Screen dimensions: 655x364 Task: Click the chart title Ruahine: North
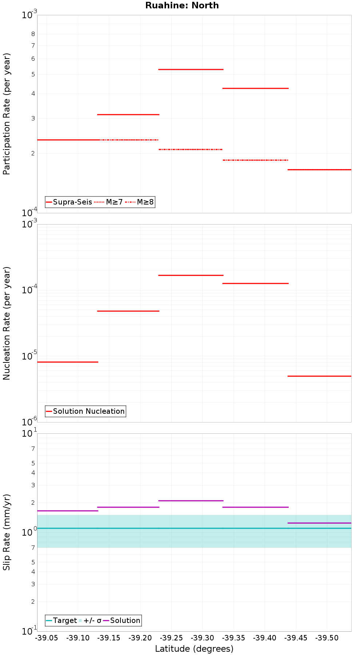182,5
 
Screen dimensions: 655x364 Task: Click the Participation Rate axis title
7,114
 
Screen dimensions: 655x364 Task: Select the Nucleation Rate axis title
7,323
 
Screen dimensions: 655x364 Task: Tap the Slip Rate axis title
7,532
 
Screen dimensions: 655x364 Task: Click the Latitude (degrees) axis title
194,648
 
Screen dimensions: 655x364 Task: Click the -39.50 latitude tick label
327,638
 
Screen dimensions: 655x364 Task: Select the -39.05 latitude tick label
47,638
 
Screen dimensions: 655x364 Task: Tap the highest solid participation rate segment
191,69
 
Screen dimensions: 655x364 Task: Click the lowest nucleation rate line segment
319,376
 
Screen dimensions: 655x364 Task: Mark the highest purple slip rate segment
191,501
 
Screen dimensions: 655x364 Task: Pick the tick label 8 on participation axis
33,34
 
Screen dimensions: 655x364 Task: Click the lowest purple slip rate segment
319,523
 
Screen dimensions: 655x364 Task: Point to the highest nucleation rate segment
191,275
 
